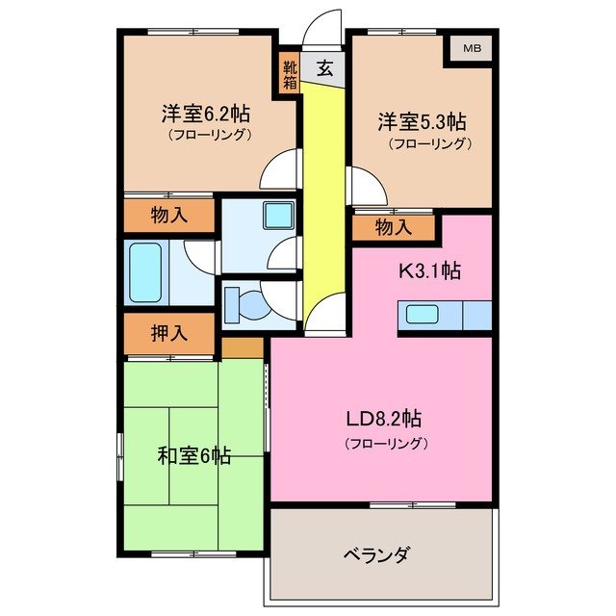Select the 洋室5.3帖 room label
(x=422, y=122)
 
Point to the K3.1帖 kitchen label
(x=430, y=270)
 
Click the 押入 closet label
(x=169, y=334)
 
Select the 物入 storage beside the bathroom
(x=169, y=216)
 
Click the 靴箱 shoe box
(x=290, y=76)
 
